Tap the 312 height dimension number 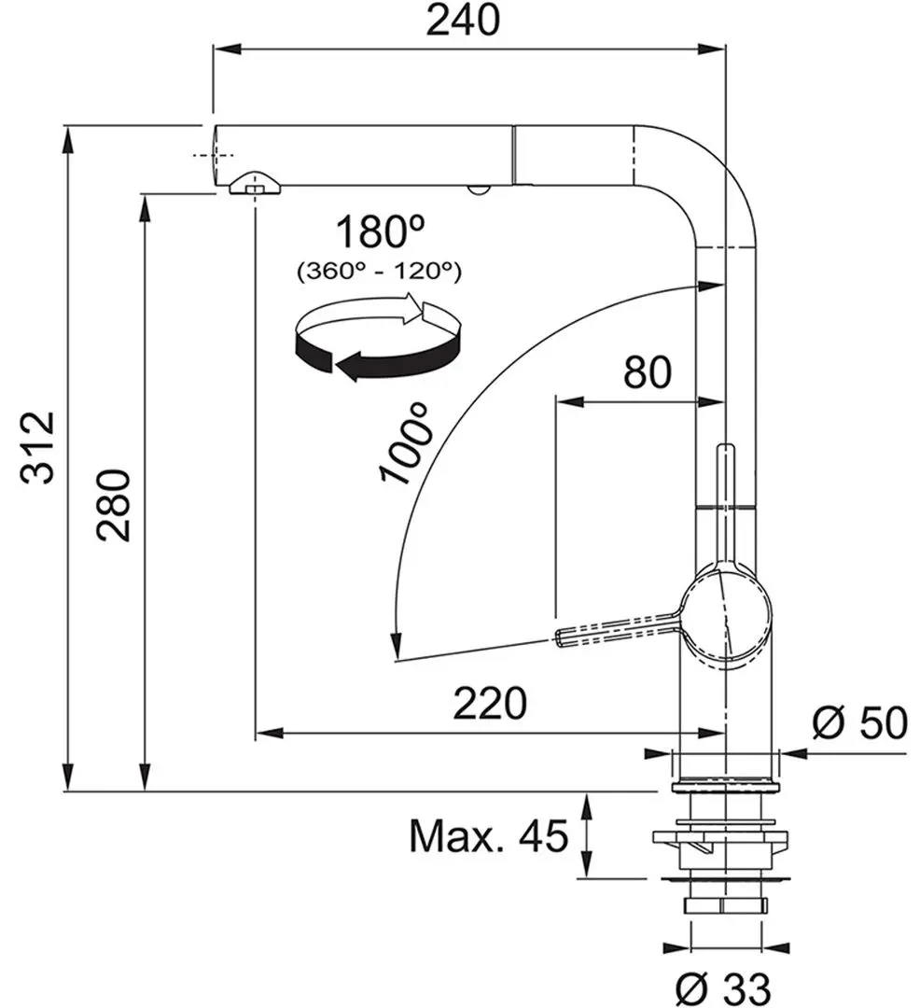39,447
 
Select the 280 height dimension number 115,505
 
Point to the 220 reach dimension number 489,703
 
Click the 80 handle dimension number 647,372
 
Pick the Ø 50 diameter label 858,722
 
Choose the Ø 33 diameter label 724,985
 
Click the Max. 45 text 488,837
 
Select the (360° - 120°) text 379,272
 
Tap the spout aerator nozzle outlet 253,184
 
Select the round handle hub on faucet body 726,618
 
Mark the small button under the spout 478,190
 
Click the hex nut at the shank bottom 724,905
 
